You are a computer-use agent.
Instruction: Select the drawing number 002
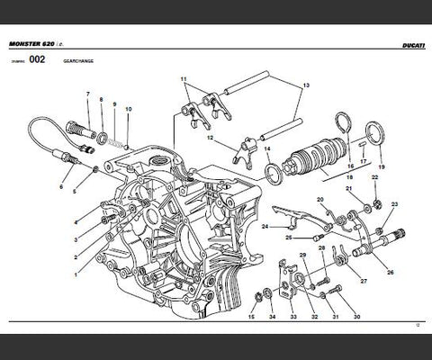pyautogui.click(x=36, y=61)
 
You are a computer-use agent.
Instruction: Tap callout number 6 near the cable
pyautogui.click(x=61, y=187)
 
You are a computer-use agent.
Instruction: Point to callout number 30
pyautogui.click(x=357, y=317)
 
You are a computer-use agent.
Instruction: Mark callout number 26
pyautogui.click(x=390, y=271)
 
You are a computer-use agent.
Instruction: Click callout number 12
pyautogui.click(x=210, y=139)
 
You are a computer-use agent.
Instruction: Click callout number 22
pyautogui.click(x=375, y=178)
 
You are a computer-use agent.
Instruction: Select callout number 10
pyautogui.click(x=129, y=109)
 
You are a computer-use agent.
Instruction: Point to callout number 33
pyautogui.click(x=292, y=317)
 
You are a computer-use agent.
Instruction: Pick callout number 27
pyautogui.click(x=364, y=281)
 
